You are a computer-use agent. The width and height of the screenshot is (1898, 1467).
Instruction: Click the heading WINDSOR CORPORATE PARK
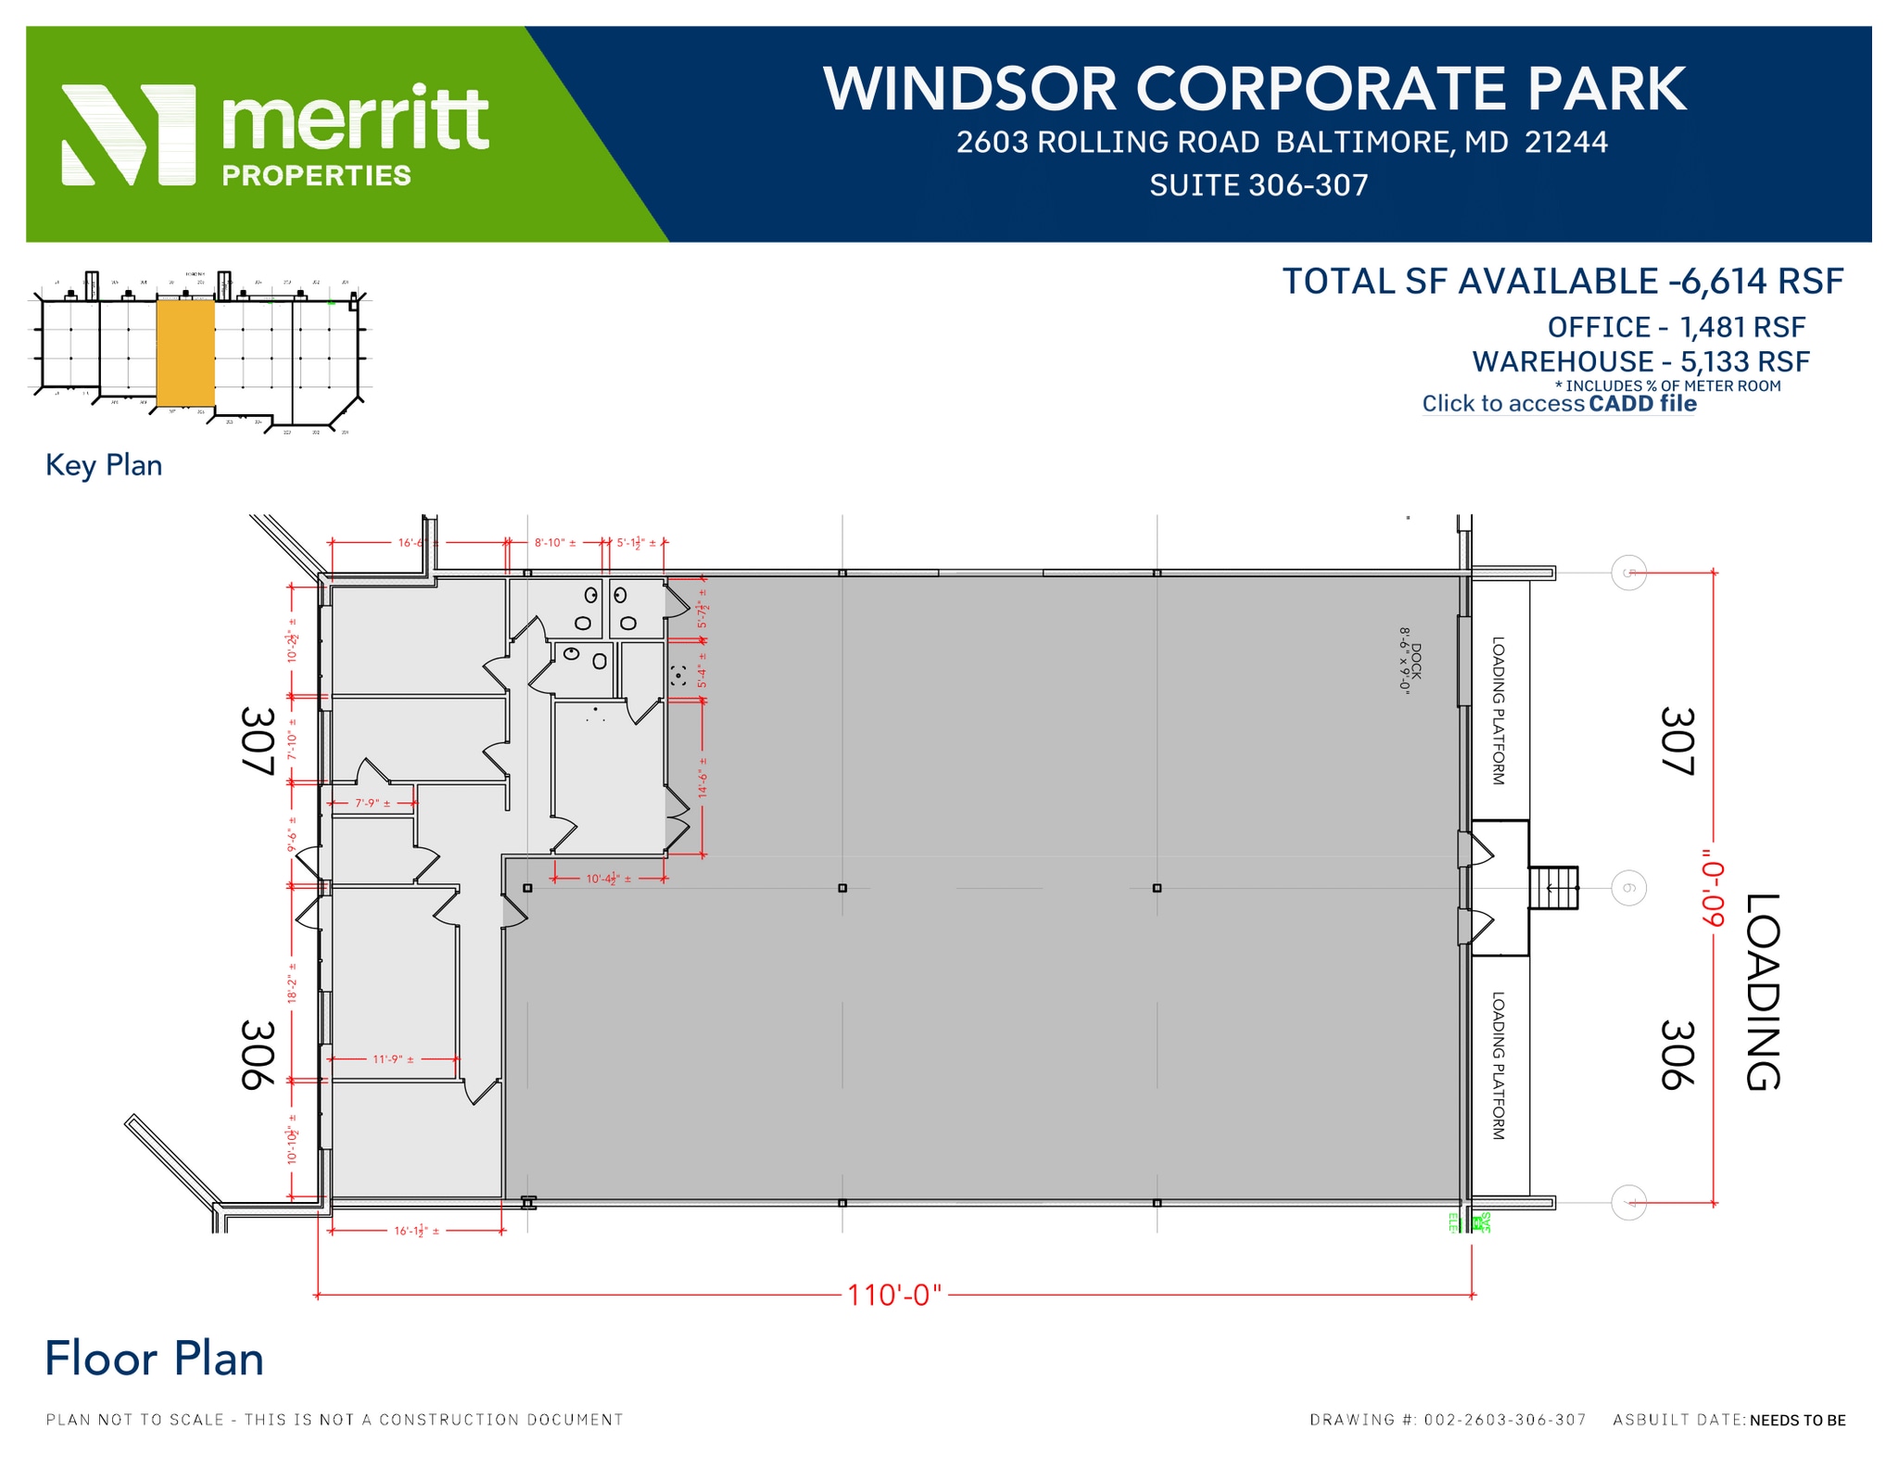point(1254,90)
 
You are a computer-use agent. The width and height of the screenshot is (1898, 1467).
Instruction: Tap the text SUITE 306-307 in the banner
point(1259,185)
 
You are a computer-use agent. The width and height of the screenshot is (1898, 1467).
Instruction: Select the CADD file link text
point(1642,404)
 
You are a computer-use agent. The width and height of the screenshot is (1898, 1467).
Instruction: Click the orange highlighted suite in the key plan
point(185,353)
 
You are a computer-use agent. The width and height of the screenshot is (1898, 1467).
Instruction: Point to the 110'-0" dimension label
point(893,1295)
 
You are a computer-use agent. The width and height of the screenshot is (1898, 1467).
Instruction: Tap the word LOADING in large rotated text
point(1763,992)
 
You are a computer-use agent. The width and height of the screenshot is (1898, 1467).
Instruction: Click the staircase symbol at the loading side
point(1554,888)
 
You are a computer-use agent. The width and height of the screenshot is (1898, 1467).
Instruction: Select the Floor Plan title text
point(155,1360)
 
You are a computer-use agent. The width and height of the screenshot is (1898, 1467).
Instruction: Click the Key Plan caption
point(104,465)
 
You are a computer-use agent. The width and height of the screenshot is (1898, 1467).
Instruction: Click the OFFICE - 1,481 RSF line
point(1676,327)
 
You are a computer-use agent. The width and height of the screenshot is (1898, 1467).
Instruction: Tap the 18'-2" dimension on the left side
point(291,988)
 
